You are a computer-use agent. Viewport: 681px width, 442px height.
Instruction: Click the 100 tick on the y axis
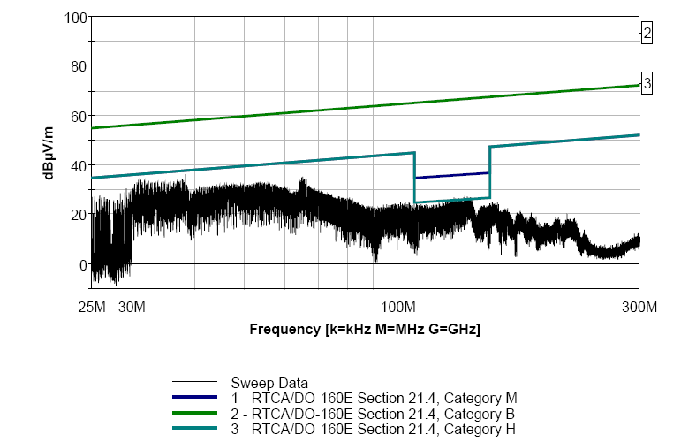click(74, 17)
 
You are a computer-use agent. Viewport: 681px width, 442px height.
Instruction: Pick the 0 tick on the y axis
click(81, 264)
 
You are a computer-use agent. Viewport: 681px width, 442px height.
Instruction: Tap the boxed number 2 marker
click(647, 34)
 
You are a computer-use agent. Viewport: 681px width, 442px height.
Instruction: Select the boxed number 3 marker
click(647, 84)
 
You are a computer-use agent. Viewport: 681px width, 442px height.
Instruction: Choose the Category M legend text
click(374, 398)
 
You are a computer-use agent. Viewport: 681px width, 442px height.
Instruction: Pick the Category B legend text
click(373, 413)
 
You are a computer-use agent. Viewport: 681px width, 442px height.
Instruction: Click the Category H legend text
click(373, 428)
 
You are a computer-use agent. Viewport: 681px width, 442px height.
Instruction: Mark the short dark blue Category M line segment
click(451, 175)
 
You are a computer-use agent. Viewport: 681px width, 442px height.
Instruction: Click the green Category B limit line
click(353, 107)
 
